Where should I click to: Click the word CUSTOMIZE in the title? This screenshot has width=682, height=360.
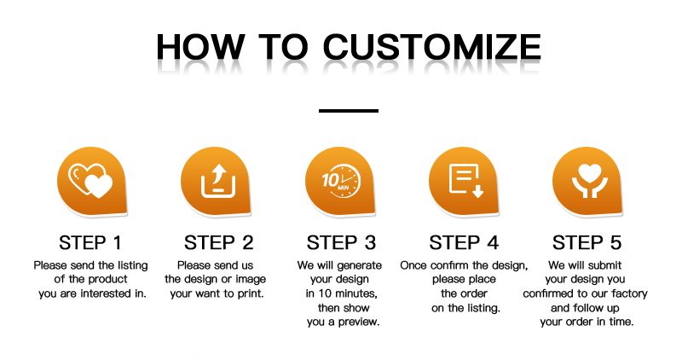(432, 47)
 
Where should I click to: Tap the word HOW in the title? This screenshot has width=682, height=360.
(200, 47)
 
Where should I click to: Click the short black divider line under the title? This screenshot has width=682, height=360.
(349, 111)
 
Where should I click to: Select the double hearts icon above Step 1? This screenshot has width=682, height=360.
(90, 180)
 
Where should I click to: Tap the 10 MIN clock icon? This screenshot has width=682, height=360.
(342, 181)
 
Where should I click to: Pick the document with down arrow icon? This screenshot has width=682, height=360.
(465, 181)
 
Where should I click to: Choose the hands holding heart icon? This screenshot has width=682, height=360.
(590, 181)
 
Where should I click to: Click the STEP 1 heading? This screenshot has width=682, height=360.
(90, 243)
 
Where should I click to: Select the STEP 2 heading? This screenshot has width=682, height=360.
(218, 243)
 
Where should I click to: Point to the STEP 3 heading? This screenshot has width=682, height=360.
(341, 243)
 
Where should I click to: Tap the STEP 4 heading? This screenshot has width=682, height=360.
(464, 243)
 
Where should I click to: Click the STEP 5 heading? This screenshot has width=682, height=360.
(587, 243)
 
